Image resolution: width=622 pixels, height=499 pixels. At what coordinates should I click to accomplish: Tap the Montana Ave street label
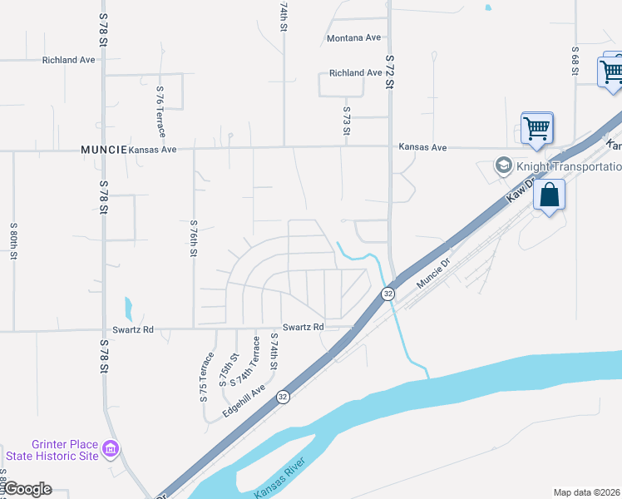(x=353, y=38)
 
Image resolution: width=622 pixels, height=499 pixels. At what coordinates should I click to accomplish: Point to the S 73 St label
(x=347, y=120)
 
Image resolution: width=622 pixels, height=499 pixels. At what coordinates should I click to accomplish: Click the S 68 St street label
(x=575, y=60)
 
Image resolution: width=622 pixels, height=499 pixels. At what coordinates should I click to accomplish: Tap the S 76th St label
(x=193, y=238)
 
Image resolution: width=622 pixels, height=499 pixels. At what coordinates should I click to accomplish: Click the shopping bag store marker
(x=550, y=196)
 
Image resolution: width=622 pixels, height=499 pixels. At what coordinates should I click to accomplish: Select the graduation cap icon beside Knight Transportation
(x=503, y=166)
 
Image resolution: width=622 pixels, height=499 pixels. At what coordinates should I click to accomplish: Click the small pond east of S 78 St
(x=126, y=309)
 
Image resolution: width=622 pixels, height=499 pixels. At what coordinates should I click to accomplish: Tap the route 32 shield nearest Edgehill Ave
(x=284, y=397)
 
